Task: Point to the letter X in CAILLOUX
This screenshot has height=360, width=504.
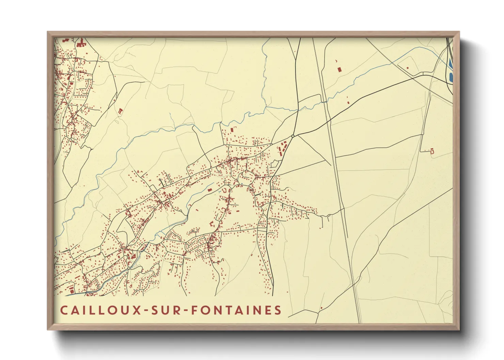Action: [x=138, y=310]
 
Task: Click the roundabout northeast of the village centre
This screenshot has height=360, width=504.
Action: [x=293, y=136]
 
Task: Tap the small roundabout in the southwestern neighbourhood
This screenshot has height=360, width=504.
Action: [x=129, y=268]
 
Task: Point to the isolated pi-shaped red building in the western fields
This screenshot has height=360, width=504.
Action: [x=120, y=111]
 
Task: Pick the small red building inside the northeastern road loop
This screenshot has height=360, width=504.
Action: [x=407, y=68]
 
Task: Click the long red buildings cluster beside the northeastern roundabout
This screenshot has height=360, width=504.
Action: [x=282, y=150]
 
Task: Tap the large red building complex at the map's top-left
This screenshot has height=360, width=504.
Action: [x=81, y=44]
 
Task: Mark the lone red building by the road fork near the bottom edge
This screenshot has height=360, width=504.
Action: [x=321, y=308]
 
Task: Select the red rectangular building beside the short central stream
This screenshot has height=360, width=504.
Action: [x=210, y=190]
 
